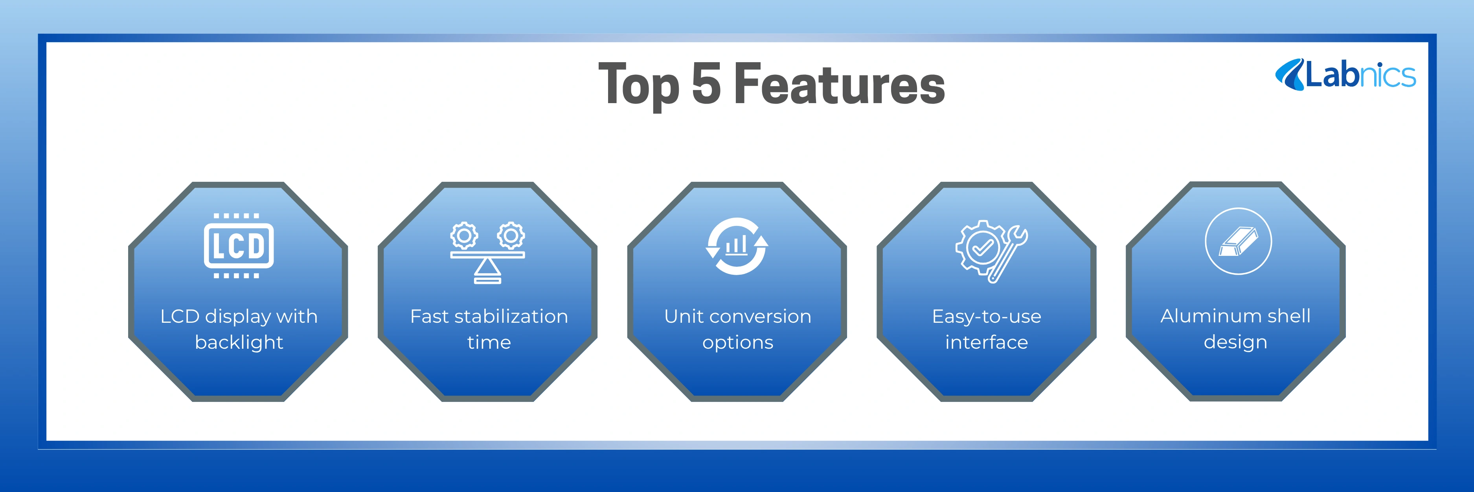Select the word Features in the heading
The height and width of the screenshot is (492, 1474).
click(x=840, y=83)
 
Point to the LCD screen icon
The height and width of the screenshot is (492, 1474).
click(x=239, y=246)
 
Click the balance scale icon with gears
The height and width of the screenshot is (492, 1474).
click(x=487, y=252)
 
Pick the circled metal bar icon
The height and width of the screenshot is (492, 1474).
click(x=1238, y=241)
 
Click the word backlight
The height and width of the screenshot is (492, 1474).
click(x=239, y=342)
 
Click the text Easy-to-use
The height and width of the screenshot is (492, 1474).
click(x=987, y=317)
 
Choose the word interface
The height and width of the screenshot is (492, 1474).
click(x=987, y=342)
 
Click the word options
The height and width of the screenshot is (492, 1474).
click(x=737, y=343)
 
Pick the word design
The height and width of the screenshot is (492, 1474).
click(x=1235, y=342)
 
